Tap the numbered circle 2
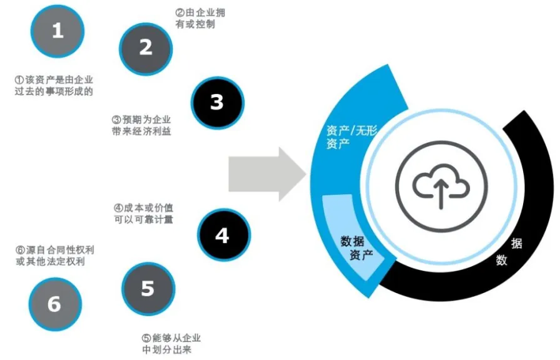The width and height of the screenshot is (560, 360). click(x=146, y=48)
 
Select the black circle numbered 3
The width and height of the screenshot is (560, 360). click(x=216, y=103)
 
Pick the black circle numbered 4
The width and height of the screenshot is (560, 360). click(x=221, y=235)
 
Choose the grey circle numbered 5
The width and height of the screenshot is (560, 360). click(x=147, y=289)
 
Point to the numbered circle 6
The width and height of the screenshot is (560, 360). click(x=54, y=304)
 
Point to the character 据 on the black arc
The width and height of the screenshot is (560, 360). click(x=517, y=244)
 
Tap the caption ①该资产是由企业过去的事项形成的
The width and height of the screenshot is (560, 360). click(x=54, y=86)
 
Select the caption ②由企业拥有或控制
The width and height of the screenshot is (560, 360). click(x=198, y=18)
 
